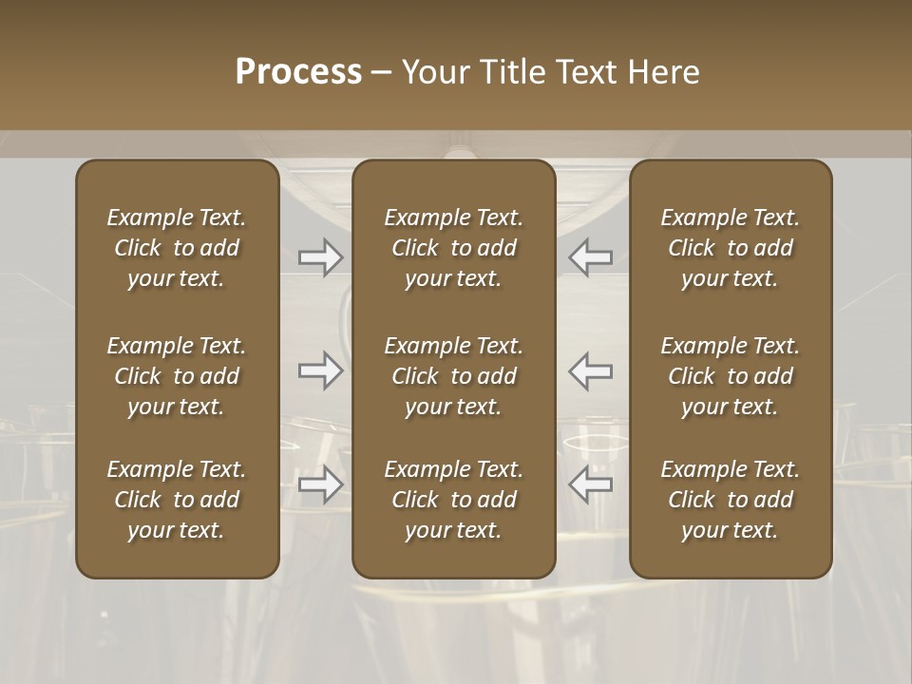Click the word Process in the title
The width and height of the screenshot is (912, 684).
[x=298, y=72]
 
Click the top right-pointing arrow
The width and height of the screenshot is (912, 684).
[x=320, y=257]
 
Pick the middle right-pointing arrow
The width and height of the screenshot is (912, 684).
[x=320, y=370]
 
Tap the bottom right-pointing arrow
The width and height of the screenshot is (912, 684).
[x=320, y=484]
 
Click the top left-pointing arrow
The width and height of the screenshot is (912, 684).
[x=590, y=257]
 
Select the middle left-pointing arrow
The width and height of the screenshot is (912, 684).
[x=590, y=370]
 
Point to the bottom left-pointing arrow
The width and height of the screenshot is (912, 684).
[x=590, y=484]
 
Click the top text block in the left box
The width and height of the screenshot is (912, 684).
[x=177, y=248]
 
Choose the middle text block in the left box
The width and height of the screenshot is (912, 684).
[x=177, y=376]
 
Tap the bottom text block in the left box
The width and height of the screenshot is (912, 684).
[x=177, y=500]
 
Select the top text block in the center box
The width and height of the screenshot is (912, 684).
[x=453, y=248]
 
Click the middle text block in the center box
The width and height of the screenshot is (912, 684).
[x=453, y=376]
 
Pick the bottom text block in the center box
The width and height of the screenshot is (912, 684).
[x=453, y=500]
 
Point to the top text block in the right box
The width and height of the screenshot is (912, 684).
[x=731, y=248]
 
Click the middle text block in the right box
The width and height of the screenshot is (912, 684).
[x=731, y=376]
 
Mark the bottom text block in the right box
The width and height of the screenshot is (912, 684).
[x=731, y=500]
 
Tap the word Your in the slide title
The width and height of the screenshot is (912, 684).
[x=434, y=72]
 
